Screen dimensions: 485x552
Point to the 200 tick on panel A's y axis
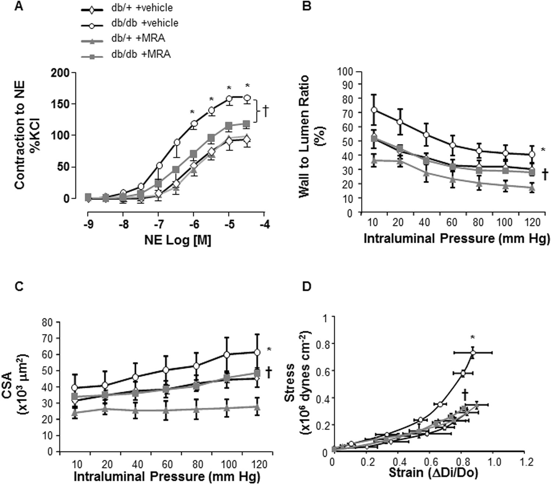(x=61, y=73)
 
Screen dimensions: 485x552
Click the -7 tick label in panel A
(x=158, y=224)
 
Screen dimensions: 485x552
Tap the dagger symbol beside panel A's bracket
(x=265, y=111)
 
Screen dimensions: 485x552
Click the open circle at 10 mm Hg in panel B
(x=374, y=110)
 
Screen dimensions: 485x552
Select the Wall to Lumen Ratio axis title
(x=310, y=136)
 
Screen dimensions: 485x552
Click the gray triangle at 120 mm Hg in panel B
(x=532, y=188)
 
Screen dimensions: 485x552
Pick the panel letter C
(x=18, y=286)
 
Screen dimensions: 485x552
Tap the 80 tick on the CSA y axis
(x=48, y=322)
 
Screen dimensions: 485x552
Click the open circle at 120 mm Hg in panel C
(x=257, y=352)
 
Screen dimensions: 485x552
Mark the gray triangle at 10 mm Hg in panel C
(x=75, y=413)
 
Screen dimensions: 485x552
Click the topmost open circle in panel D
(x=473, y=353)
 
